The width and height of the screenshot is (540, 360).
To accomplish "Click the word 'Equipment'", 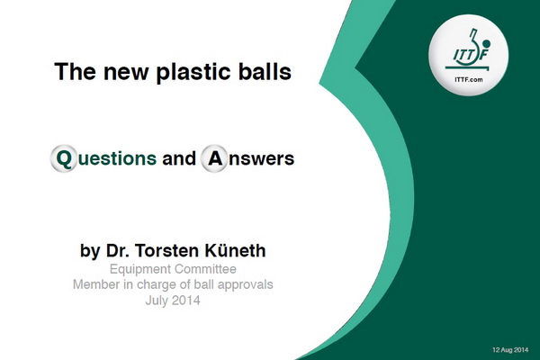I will (x=140, y=269).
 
